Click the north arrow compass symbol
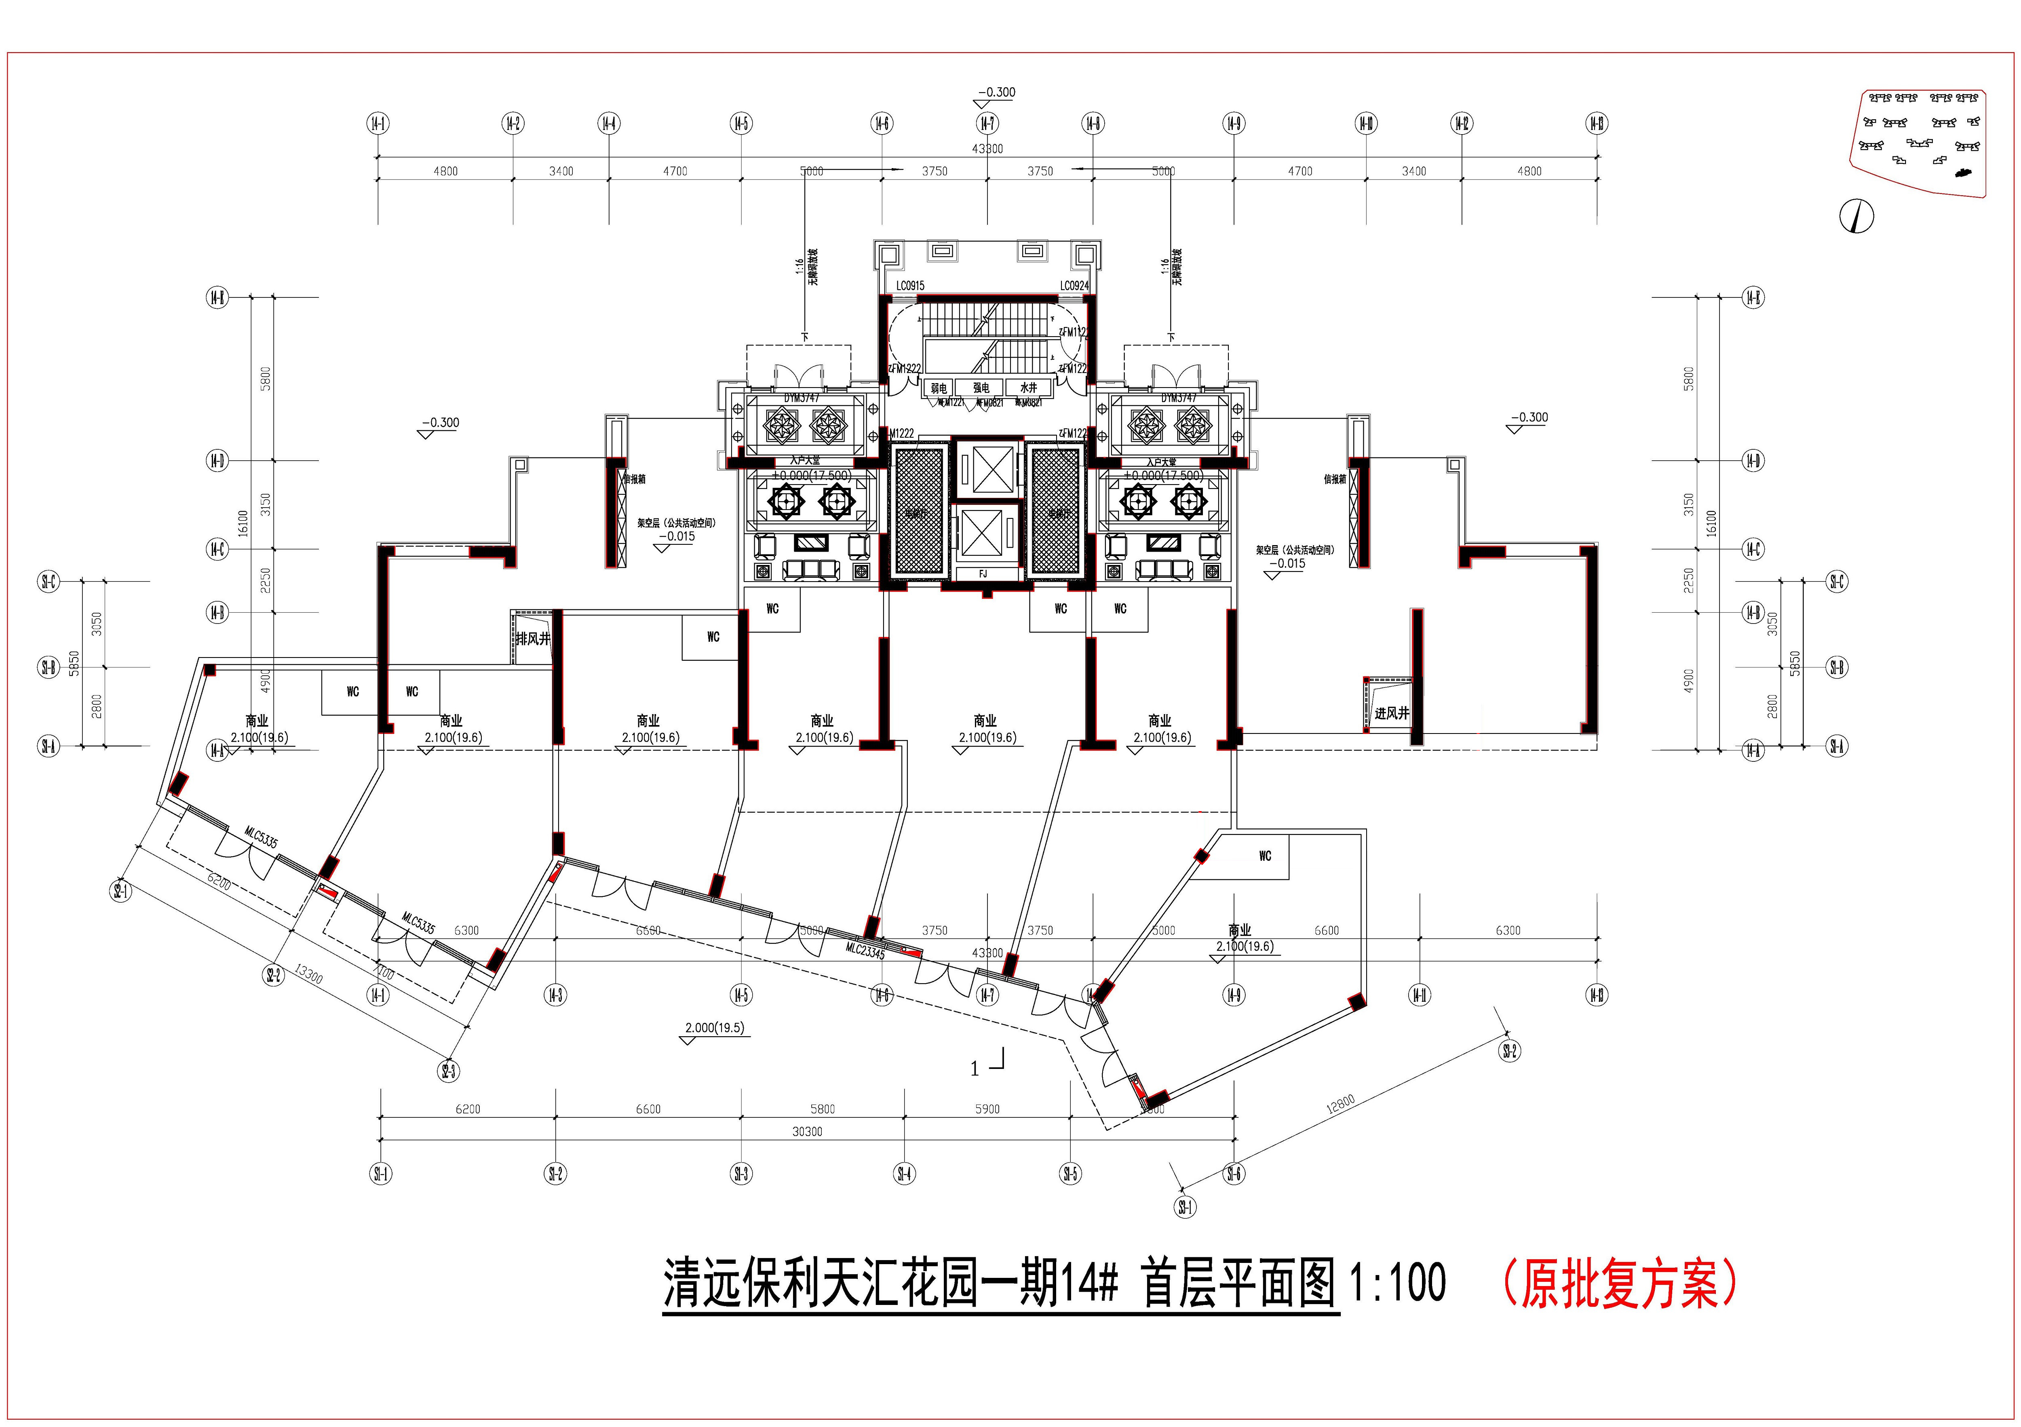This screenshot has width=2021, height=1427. coord(1857,216)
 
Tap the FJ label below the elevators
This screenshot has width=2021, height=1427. coord(983,574)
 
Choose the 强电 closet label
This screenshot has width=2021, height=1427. coord(981,387)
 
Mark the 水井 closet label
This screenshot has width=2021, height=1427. coord(1028,387)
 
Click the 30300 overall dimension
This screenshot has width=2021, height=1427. coord(807,1131)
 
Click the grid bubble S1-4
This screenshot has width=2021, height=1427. coord(904,1174)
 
